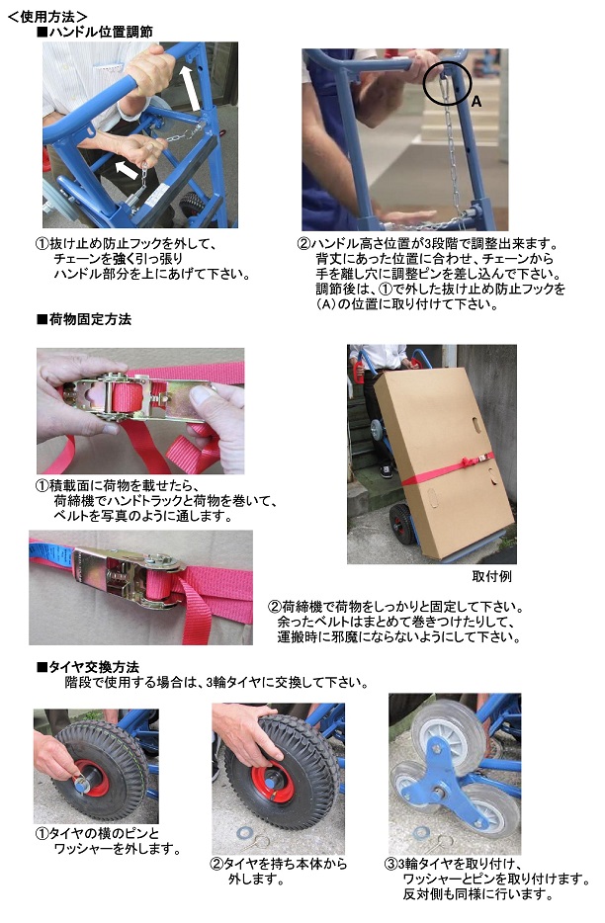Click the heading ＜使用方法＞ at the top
click(48, 16)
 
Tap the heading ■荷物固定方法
click(84, 319)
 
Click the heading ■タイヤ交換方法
click(88, 667)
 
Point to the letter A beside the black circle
click(476, 102)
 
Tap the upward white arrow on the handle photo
click(190, 88)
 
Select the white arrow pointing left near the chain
click(127, 170)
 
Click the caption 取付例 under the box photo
click(492, 576)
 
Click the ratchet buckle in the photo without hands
click(127, 576)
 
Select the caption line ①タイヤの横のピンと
click(97, 833)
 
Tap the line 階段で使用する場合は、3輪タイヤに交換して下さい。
click(216, 682)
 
